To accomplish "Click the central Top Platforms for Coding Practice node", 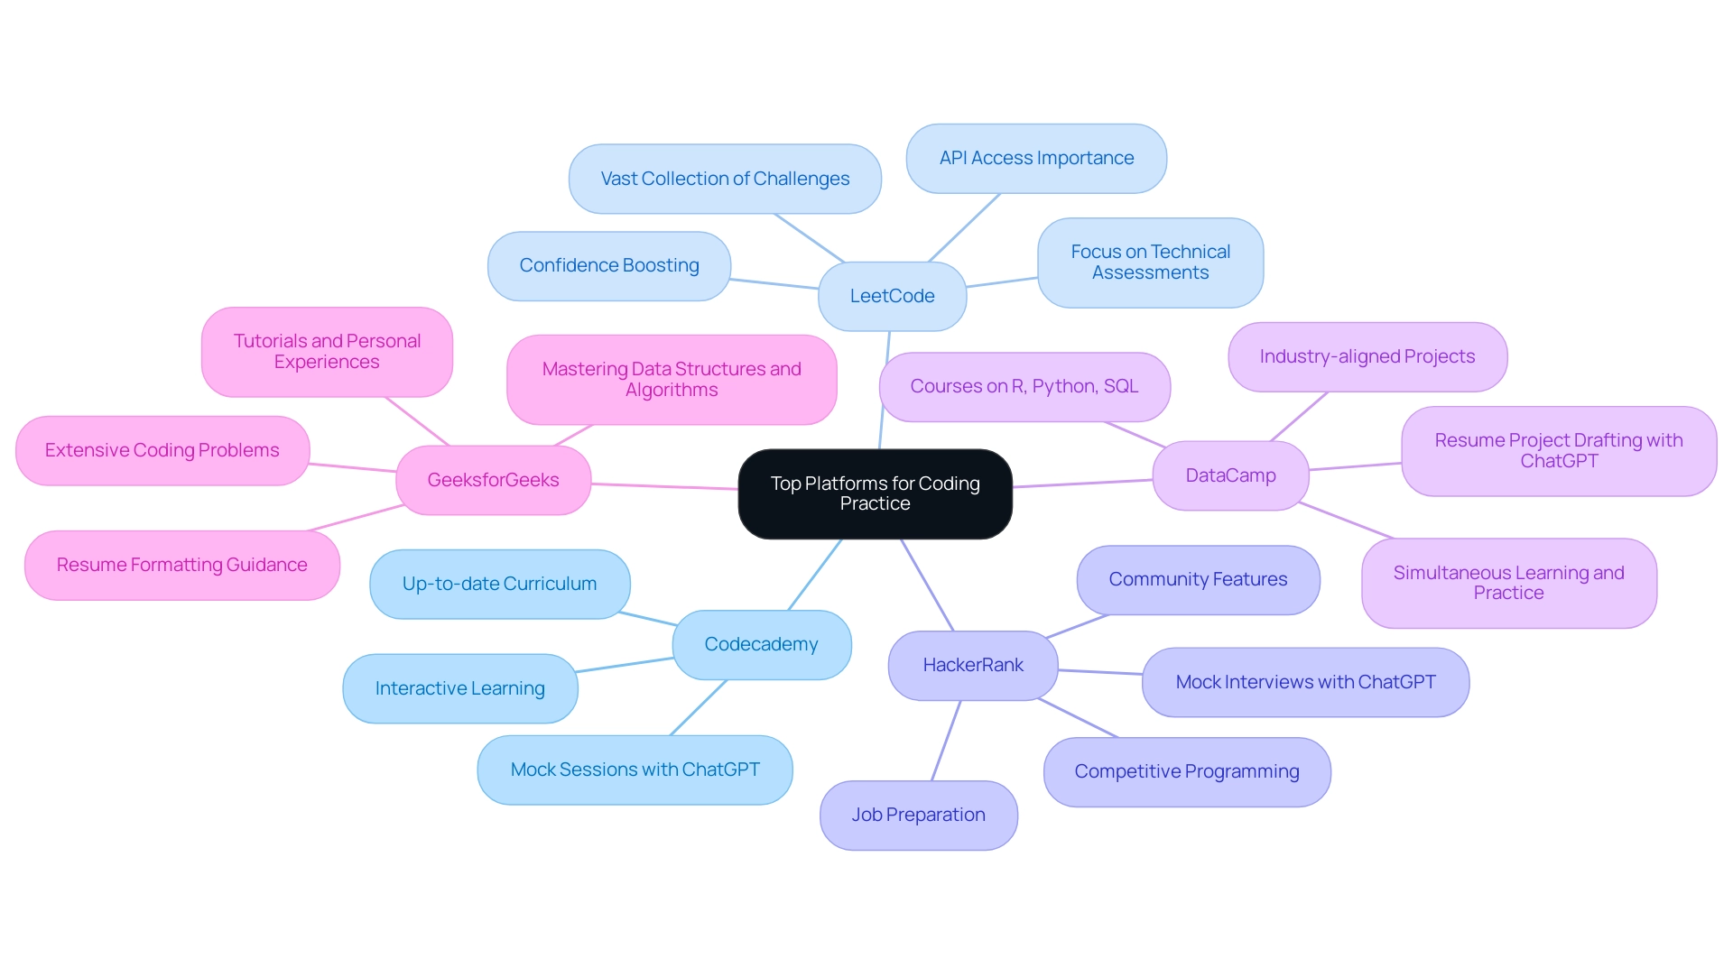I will click(x=875, y=493).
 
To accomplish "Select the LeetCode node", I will click(x=892, y=296).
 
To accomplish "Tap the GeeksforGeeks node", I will click(x=493, y=480).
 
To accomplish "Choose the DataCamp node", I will click(x=1230, y=475).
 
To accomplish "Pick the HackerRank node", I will click(x=972, y=665).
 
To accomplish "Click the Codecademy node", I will click(x=761, y=644).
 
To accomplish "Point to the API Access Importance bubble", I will click(x=1036, y=158).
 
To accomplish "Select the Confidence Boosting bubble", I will click(x=608, y=265).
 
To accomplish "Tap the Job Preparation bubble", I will click(x=918, y=815).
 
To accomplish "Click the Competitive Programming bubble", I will click(x=1186, y=771).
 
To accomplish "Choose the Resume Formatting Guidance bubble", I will click(x=181, y=565).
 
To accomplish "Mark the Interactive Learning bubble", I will click(x=459, y=688).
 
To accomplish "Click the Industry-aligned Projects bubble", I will click(x=1367, y=356).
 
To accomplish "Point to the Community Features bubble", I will click(x=1198, y=579).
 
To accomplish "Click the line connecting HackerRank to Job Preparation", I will click(x=946, y=741).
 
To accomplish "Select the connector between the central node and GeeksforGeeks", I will click(x=664, y=486).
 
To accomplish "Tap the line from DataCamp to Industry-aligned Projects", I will click(x=1299, y=417).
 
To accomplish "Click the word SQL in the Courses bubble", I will click(x=1121, y=386).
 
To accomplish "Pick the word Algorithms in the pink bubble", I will click(x=672, y=390).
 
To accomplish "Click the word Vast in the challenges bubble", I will click(x=619, y=179).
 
